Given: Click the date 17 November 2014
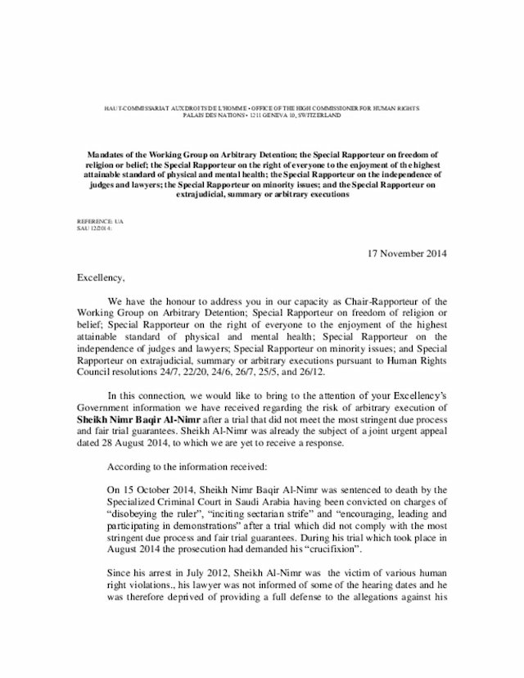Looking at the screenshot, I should pos(404,253).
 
